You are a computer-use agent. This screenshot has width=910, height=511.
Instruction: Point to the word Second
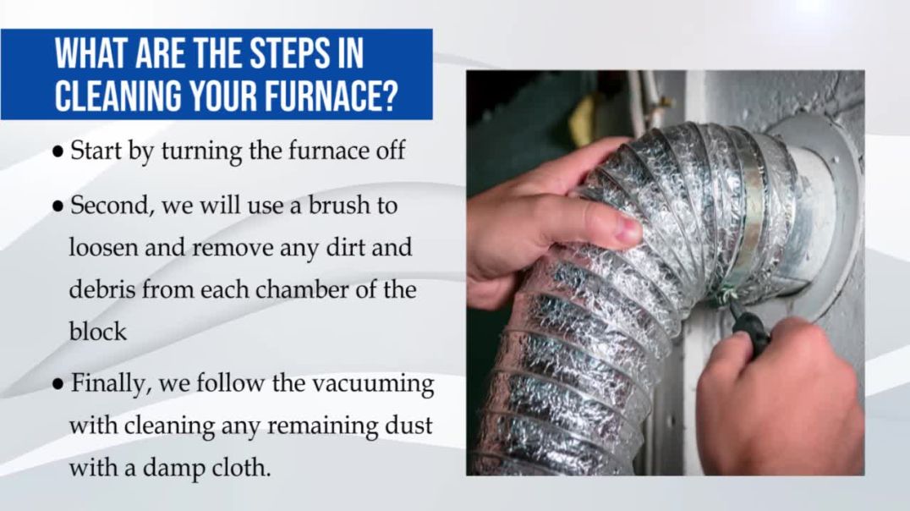point(106,206)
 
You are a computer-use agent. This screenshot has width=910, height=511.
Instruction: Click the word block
point(97,331)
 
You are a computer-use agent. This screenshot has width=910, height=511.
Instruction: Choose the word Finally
point(104,383)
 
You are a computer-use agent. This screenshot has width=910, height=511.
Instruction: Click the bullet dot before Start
point(58,153)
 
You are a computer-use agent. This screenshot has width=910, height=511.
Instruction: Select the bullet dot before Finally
point(58,385)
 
